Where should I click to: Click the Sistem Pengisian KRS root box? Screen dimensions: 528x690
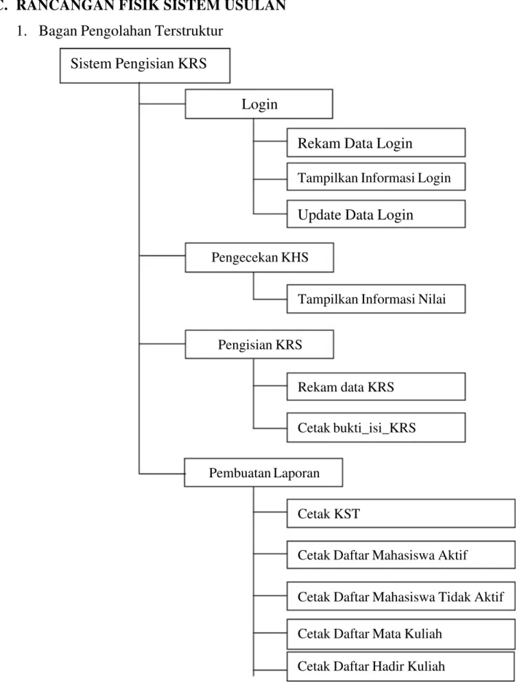coord(145,66)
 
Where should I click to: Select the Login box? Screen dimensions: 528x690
coord(259,104)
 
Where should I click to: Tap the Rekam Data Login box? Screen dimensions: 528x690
coord(376,143)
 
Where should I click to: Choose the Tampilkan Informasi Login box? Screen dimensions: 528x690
coord(376,177)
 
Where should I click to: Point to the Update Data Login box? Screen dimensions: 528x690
coord(376,214)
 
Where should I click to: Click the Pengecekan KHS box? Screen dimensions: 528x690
coord(259,257)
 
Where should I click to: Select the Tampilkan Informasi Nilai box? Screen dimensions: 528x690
coord(376,299)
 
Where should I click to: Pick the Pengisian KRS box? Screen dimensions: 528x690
coord(259,344)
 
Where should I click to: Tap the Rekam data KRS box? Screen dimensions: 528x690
coord(376,386)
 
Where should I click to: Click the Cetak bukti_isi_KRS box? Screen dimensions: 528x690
coord(376,427)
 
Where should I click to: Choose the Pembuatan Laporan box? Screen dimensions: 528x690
coord(263,473)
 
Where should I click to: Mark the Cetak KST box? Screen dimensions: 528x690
coord(401,513)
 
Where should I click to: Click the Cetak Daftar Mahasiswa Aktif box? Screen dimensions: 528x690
coord(401,554)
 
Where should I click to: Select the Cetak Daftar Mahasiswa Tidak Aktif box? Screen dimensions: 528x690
coord(401,596)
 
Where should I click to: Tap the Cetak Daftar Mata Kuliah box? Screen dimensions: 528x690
coord(401,634)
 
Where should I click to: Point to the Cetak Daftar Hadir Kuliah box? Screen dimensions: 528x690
coord(401,666)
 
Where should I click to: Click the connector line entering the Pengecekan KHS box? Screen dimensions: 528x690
coord(162,255)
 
